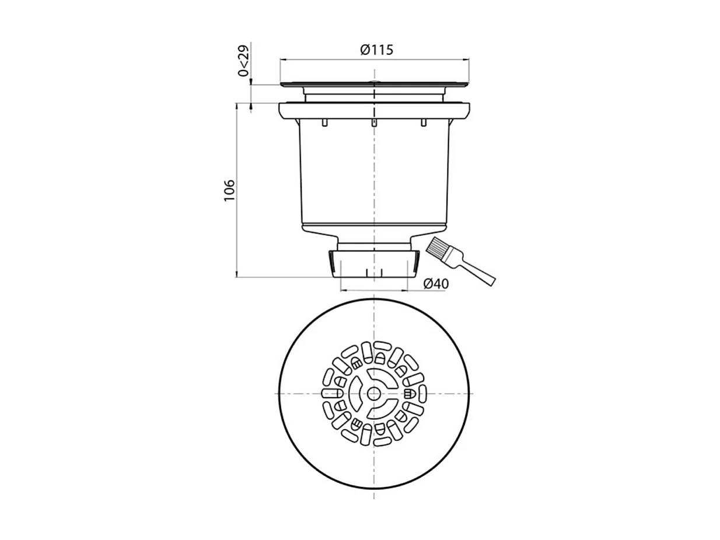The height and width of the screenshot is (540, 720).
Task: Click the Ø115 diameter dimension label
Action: click(x=376, y=50)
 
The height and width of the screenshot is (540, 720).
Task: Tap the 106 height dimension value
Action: click(x=229, y=191)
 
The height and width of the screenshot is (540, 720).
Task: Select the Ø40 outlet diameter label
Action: click(x=436, y=284)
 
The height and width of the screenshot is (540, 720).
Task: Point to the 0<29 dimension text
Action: click(x=243, y=60)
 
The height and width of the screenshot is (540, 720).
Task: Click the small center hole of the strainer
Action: click(x=374, y=394)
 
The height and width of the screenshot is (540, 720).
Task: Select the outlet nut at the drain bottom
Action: click(x=374, y=263)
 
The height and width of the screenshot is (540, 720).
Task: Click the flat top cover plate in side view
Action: click(x=374, y=85)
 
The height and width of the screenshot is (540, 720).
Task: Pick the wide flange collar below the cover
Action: click(x=374, y=110)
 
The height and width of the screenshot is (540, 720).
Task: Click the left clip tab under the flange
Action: click(x=323, y=123)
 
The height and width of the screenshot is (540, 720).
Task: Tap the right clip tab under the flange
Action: click(x=424, y=123)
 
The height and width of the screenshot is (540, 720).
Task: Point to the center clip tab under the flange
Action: click(x=373, y=123)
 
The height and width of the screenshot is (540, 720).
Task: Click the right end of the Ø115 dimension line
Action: click(x=469, y=59)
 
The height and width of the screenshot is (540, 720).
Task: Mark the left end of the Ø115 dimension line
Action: click(x=281, y=59)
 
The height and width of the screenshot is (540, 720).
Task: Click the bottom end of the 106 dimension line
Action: click(x=237, y=277)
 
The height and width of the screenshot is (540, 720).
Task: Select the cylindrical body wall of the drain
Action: click(x=327, y=175)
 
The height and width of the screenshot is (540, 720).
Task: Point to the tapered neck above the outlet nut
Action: click(x=374, y=239)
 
